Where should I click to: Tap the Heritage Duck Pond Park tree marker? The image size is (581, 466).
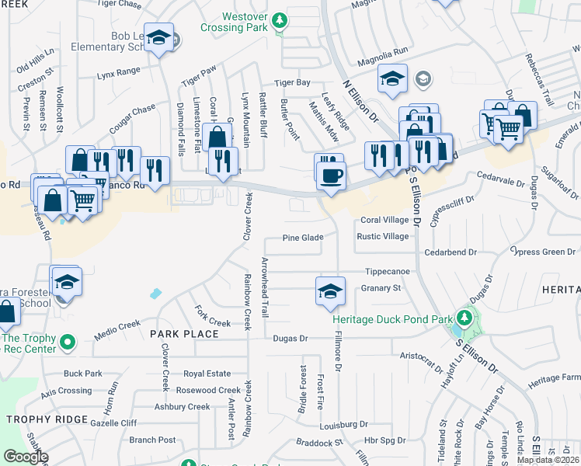point(464,317)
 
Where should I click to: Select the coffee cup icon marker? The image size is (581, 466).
point(331,176)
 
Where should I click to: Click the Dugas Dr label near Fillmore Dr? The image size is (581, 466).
point(291,339)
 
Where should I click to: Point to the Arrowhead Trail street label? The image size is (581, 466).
point(265,287)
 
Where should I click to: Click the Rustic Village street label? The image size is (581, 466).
point(382,236)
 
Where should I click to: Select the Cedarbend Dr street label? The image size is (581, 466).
point(450,252)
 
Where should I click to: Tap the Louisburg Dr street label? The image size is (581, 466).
point(343,425)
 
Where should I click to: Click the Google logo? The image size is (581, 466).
point(26,457)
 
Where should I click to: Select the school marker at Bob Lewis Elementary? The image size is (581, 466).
point(160,39)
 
